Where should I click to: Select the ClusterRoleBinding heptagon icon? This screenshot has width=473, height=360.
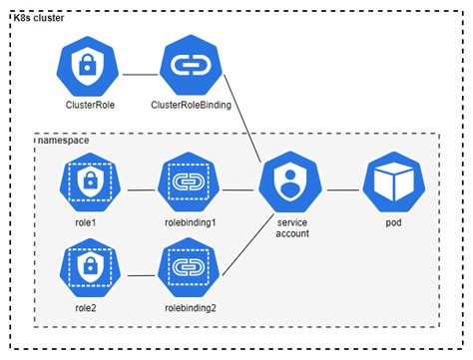(x=187, y=67)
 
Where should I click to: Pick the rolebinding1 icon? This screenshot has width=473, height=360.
(x=187, y=184)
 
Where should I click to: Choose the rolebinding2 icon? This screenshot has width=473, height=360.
(x=187, y=267)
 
